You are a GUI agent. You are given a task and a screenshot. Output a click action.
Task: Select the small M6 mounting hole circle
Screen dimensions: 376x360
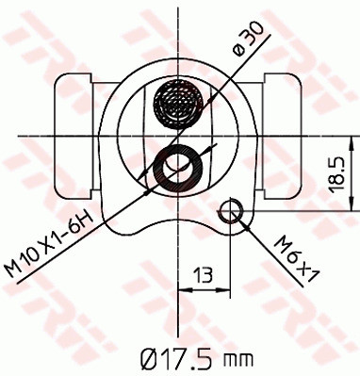click(231, 209)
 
